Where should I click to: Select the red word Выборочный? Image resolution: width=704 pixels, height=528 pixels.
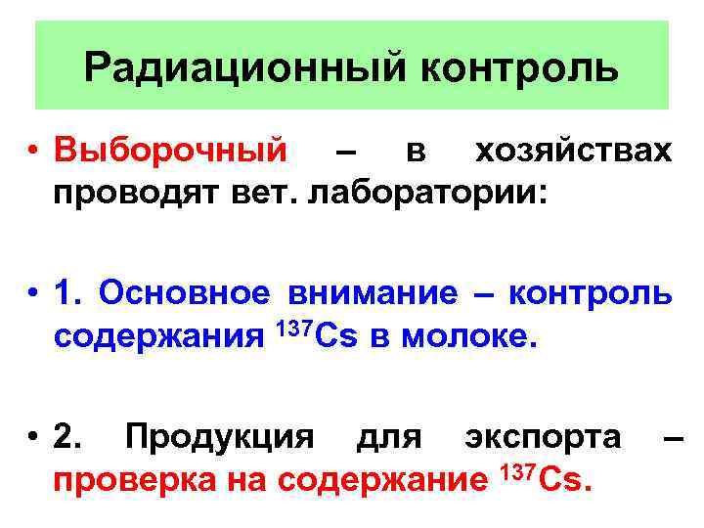(x=171, y=152)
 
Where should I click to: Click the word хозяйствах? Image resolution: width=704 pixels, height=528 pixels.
(x=573, y=152)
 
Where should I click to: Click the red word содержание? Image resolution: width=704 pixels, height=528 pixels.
(x=382, y=480)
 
